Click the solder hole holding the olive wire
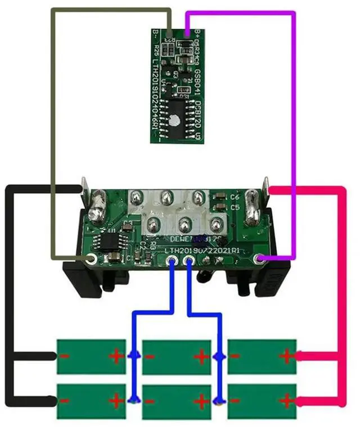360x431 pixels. point(90,258)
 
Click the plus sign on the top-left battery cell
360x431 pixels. point(116,356)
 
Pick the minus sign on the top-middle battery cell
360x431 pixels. point(151,356)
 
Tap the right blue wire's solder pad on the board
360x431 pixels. point(188,260)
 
